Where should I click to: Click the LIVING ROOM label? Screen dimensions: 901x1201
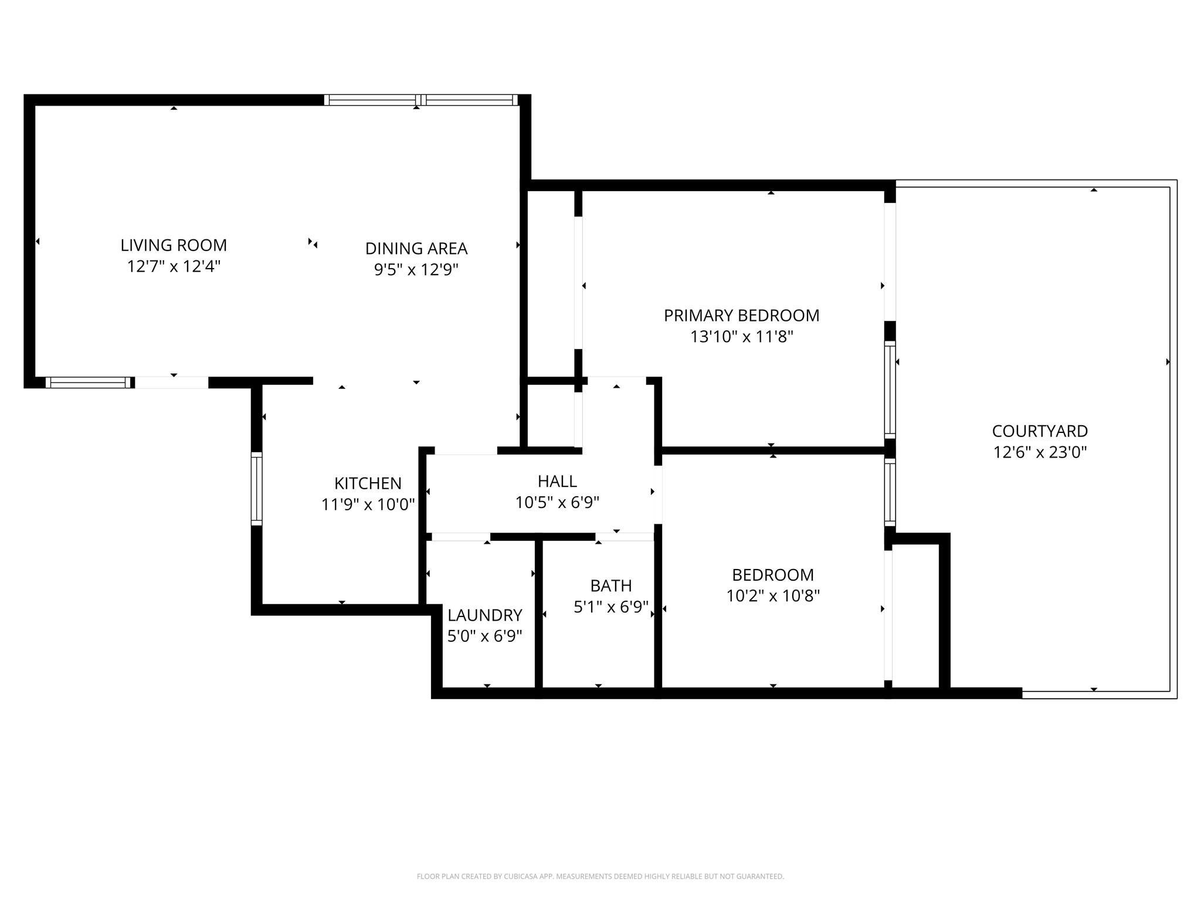pyautogui.click(x=174, y=245)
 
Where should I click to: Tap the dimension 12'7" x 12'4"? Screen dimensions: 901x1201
pyautogui.click(x=174, y=266)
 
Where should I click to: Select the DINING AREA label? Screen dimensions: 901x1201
pyautogui.click(x=416, y=249)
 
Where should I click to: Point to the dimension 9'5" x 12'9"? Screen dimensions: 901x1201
pyautogui.click(x=416, y=270)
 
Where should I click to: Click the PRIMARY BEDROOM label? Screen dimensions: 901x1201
pyautogui.click(x=741, y=316)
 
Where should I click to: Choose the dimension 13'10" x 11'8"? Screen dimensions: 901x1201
pyautogui.click(x=741, y=337)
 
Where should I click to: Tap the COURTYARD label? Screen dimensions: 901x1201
pyautogui.click(x=1040, y=431)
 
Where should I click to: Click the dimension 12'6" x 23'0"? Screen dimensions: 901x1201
pyautogui.click(x=1040, y=452)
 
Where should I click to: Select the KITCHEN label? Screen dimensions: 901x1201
pyautogui.click(x=368, y=483)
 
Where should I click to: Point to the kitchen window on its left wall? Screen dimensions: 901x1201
pyautogui.click(x=256, y=489)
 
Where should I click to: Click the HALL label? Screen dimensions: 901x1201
pyautogui.click(x=557, y=481)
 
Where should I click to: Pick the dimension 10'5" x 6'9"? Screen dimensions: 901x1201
pyautogui.click(x=557, y=503)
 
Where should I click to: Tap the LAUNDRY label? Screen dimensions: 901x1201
pyautogui.click(x=484, y=615)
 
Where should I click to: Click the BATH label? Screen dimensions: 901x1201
pyautogui.click(x=610, y=585)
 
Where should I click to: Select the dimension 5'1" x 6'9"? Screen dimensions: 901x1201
pyautogui.click(x=610, y=607)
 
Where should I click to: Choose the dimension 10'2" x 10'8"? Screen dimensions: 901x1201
pyautogui.click(x=773, y=596)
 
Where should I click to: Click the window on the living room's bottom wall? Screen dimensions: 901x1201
pyautogui.click(x=89, y=382)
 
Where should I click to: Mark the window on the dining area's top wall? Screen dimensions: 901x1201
pyautogui.click(x=421, y=100)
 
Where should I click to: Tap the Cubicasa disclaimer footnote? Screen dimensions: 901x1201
pyautogui.click(x=600, y=876)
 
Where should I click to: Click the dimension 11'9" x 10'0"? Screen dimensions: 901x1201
pyautogui.click(x=368, y=504)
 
